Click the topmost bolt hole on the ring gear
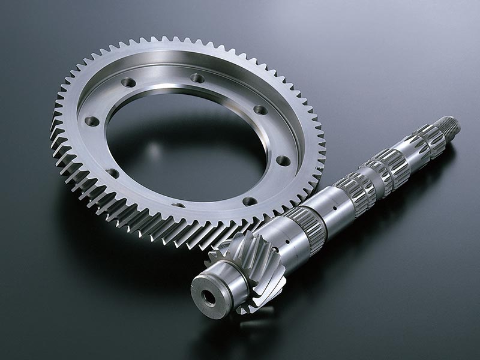197,78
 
